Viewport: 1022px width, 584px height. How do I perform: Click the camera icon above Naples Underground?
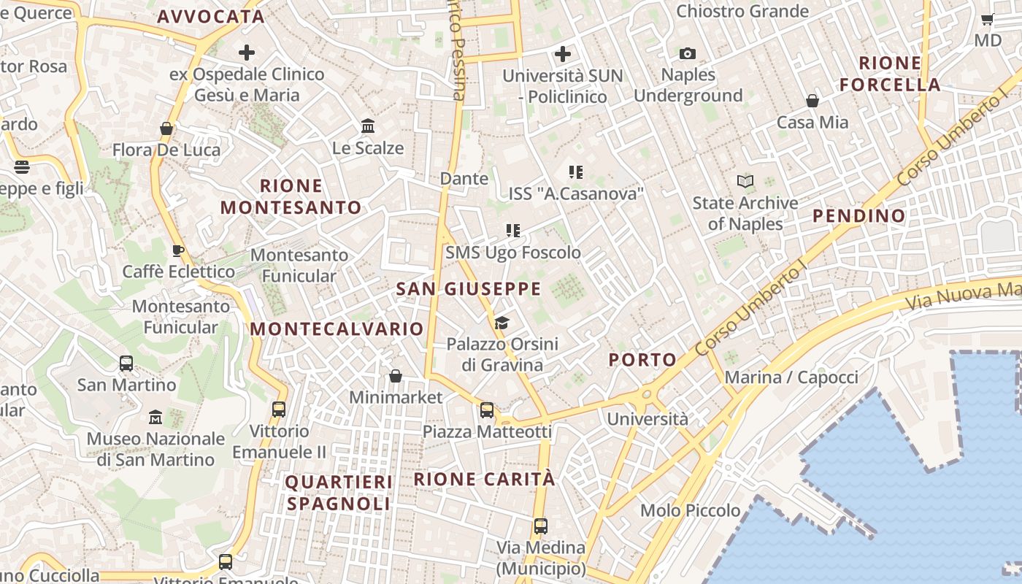pos(687,53)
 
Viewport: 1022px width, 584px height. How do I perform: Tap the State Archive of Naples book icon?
pos(745,181)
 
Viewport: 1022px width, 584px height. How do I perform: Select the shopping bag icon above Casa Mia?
pos(812,101)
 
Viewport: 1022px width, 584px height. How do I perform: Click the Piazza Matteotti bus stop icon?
pos(487,410)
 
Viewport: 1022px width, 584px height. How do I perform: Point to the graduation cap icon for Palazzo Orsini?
pos(502,323)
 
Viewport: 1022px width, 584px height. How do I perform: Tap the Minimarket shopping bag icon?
pos(395,376)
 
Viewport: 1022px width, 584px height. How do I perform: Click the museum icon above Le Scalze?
pos(368,126)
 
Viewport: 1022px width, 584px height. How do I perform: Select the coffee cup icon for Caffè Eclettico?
pos(177,251)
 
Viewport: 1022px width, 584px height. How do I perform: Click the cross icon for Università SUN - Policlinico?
pos(562,54)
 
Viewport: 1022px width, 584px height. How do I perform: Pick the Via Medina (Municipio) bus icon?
pos(540,526)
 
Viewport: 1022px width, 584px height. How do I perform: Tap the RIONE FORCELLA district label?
pos(890,74)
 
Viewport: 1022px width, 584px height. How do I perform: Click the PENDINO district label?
pos(858,215)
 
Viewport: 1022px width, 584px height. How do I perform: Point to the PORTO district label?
pos(642,360)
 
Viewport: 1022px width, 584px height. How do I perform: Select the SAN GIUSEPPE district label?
pos(468,289)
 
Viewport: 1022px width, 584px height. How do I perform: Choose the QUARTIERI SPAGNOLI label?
pos(339,493)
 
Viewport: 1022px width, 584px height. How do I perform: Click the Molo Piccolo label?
pos(690,510)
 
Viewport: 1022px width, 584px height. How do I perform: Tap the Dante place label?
pos(464,178)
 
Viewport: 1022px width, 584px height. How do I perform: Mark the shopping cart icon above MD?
pos(987,20)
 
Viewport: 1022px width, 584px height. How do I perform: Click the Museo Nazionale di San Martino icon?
pos(155,418)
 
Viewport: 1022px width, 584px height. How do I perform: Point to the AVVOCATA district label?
pos(210,17)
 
